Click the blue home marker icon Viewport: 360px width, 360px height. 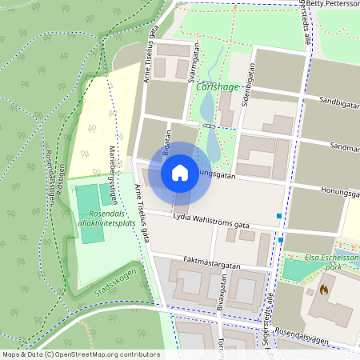180,172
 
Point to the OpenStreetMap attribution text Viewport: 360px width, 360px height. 81,354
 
